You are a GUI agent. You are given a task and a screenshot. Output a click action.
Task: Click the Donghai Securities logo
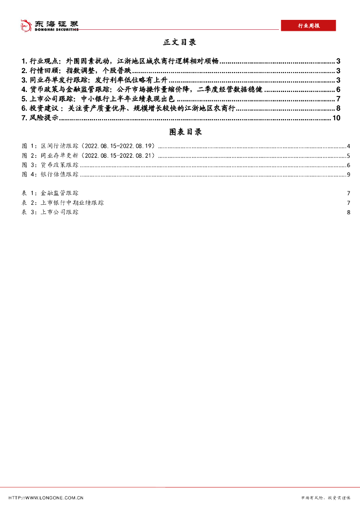point(49,25)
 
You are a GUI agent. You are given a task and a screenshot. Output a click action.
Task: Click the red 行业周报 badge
point(308,26)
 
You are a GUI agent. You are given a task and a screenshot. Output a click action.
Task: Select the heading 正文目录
point(180,42)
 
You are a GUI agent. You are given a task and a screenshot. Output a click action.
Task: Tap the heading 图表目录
point(180,132)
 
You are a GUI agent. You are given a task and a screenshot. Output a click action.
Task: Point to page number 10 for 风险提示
point(336,118)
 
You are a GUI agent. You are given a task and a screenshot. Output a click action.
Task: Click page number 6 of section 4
point(338,89)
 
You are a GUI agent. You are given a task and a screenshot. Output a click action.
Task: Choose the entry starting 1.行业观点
point(120,61)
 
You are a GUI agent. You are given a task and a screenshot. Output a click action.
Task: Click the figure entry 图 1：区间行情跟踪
point(89,146)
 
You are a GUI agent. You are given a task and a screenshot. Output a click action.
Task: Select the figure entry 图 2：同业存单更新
point(89,156)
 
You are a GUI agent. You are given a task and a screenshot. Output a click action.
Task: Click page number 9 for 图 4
point(349,174)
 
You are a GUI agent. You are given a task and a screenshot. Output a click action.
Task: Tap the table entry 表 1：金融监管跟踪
point(50,193)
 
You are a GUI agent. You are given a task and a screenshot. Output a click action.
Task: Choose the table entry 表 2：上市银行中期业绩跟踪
point(63,203)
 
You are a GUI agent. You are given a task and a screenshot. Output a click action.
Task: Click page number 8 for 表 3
point(349,212)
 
